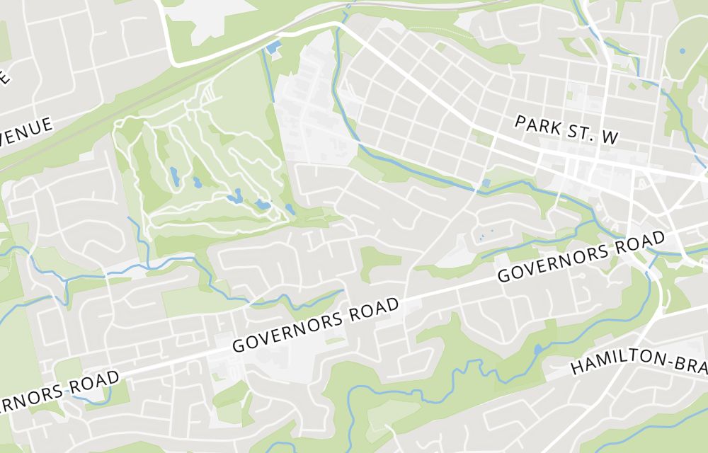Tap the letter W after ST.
(609, 139)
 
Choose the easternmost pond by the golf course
(290, 210)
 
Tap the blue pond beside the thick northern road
(273, 48)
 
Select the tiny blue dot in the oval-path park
(682, 51)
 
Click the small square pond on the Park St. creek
(486, 183)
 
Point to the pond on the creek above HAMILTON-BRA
(538, 349)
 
